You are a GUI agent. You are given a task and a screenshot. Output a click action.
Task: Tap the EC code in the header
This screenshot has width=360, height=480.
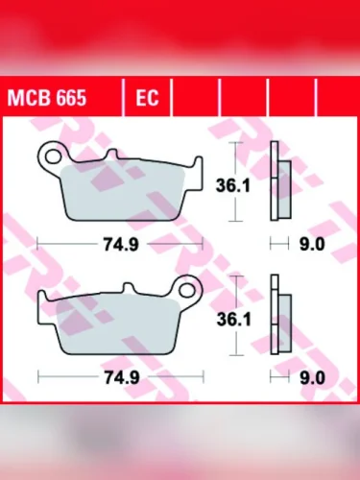(147, 99)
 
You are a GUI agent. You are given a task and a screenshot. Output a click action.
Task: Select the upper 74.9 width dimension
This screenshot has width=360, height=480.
(121, 244)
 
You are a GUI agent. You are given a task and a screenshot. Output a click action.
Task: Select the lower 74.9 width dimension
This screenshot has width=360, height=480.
(121, 377)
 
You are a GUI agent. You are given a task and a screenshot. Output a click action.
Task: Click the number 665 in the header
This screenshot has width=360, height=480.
(70, 99)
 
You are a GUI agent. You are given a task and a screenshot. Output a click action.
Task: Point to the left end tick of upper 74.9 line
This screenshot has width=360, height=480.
(36, 244)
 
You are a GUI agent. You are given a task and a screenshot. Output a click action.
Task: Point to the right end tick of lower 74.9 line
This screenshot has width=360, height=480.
(204, 377)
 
